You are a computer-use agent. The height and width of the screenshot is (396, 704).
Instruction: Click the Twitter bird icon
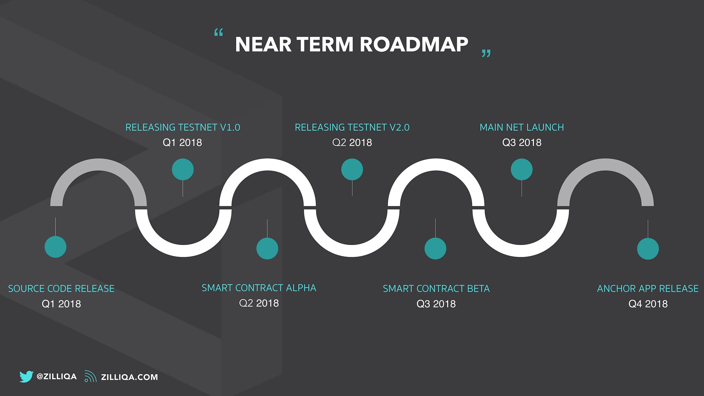[26, 376]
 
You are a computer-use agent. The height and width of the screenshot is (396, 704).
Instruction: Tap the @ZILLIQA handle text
[57, 376]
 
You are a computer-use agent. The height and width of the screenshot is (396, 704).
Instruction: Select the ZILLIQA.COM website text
[129, 377]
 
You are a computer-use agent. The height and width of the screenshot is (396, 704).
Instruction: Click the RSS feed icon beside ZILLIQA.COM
[90, 376]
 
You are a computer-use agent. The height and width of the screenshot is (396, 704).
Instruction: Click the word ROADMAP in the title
[414, 45]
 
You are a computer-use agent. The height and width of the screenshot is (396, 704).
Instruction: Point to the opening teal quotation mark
[219, 33]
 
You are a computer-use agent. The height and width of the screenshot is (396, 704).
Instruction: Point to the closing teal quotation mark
[486, 53]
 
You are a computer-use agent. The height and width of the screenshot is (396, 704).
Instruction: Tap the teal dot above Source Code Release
[55, 247]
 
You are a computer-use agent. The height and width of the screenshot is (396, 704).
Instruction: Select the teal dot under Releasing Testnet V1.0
[183, 169]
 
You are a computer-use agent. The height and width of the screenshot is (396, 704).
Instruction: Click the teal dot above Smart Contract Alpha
[267, 249]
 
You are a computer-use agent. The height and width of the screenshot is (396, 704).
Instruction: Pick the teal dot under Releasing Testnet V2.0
[352, 169]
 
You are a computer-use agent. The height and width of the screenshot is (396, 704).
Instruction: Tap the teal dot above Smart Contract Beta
[435, 249]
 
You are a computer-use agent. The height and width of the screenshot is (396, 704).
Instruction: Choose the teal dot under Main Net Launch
[522, 169]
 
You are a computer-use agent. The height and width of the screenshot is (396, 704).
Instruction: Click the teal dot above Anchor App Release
[648, 249]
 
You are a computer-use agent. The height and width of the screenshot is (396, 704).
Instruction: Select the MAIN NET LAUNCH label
[522, 127]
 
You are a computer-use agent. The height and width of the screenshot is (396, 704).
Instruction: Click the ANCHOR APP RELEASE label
[648, 289]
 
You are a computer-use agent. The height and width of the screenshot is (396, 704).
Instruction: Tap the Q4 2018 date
[648, 304]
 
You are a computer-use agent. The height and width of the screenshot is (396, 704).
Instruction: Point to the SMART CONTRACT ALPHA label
[259, 288]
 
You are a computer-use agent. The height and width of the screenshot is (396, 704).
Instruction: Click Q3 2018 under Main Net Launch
[522, 143]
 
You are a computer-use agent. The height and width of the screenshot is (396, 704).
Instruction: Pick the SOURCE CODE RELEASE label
[61, 289]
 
